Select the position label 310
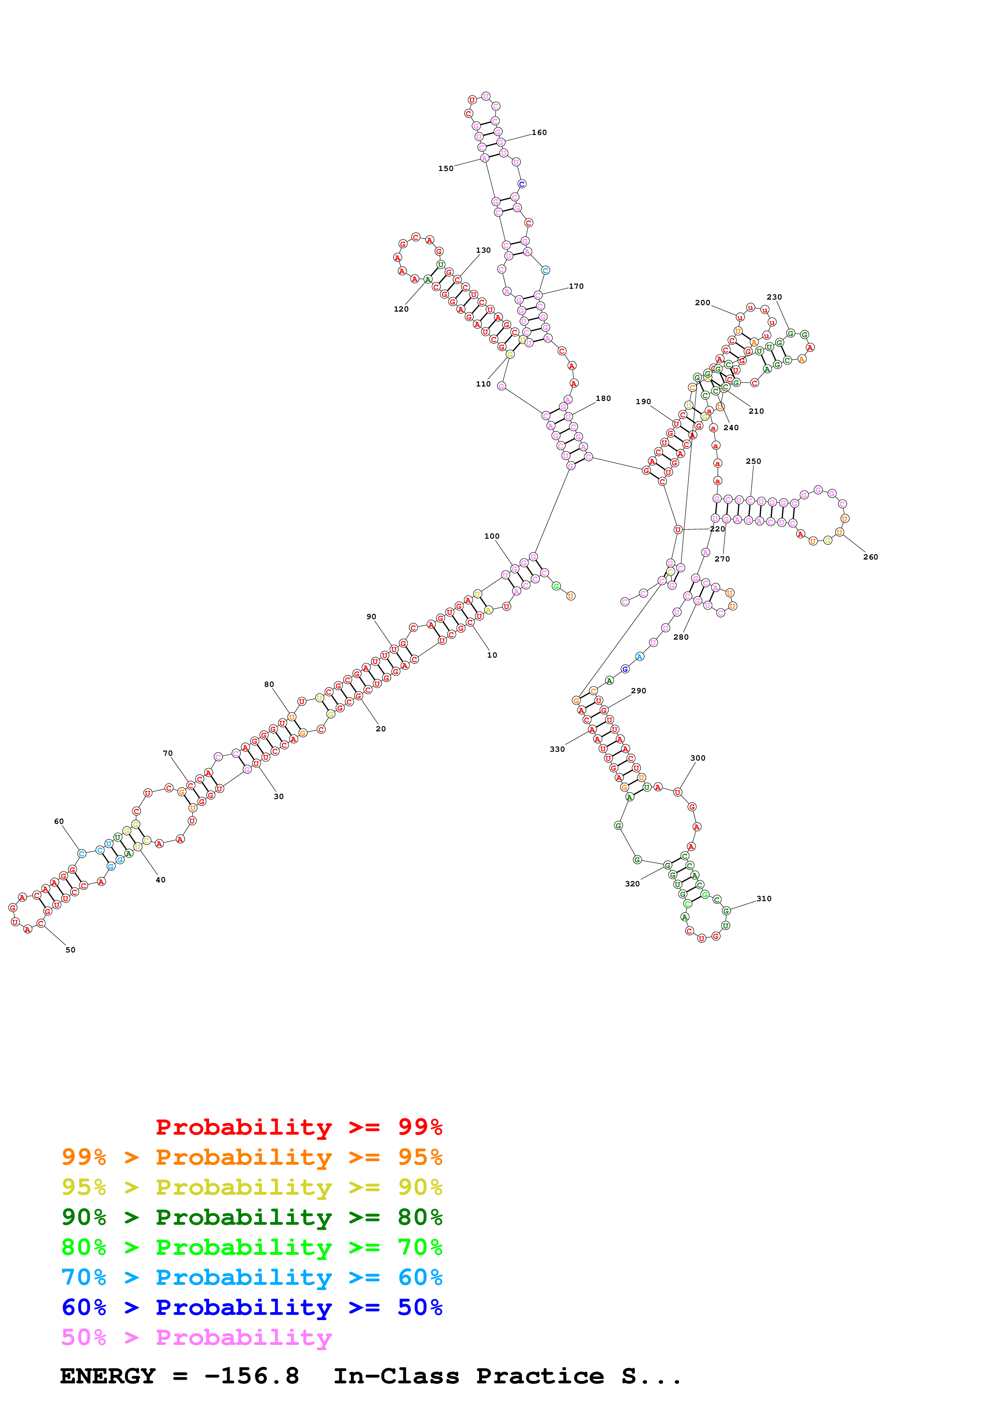click(763, 899)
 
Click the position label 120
click(401, 310)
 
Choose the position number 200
click(702, 303)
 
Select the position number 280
click(680, 638)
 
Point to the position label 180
click(603, 399)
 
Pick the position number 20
click(381, 729)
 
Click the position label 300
click(697, 758)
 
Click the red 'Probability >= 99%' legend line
click(298, 1127)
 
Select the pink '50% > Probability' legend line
click(196, 1338)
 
